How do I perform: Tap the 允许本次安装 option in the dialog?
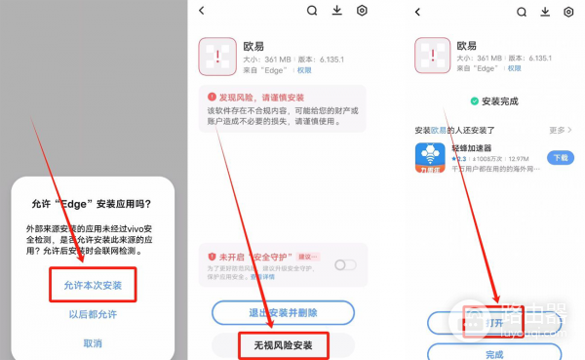click(93, 285)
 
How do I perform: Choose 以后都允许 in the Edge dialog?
click(93, 315)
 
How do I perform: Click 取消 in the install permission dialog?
click(93, 343)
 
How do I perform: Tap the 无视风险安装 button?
click(283, 344)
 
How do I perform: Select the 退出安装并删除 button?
click(283, 312)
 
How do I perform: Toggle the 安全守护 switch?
click(344, 264)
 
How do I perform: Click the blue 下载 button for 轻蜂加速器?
click(560, 157)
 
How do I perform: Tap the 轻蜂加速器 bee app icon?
click(430, 157)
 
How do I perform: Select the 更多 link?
click(559, 130)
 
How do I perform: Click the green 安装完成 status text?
click(498, 100)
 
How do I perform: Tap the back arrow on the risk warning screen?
click(202, 11)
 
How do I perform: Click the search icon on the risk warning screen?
click(312, 11)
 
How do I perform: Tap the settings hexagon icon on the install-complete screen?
click(568, 12)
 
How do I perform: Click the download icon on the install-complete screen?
click(543, 12)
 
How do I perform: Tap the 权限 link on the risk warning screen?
click(304, 70)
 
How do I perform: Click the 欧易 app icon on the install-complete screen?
click(432, 55)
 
